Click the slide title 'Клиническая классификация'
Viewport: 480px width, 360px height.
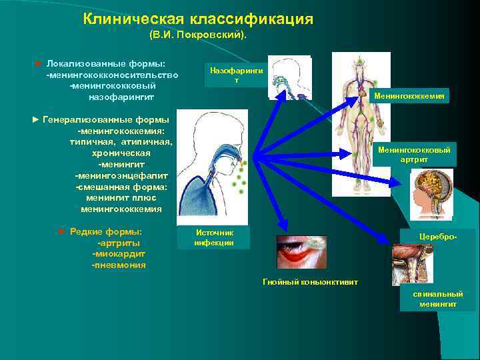[x=198, y=19]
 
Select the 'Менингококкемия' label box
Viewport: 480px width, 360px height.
[x=409, y=97]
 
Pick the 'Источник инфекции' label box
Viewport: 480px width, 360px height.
[x=214, y=237]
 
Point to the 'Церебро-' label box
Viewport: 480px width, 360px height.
[x=437, y=237]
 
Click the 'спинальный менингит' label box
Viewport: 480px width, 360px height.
[x=437, y=299]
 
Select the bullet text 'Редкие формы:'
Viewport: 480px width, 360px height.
[x=105, y=231]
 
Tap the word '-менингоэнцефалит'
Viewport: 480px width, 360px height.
[x=121, y=175]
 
